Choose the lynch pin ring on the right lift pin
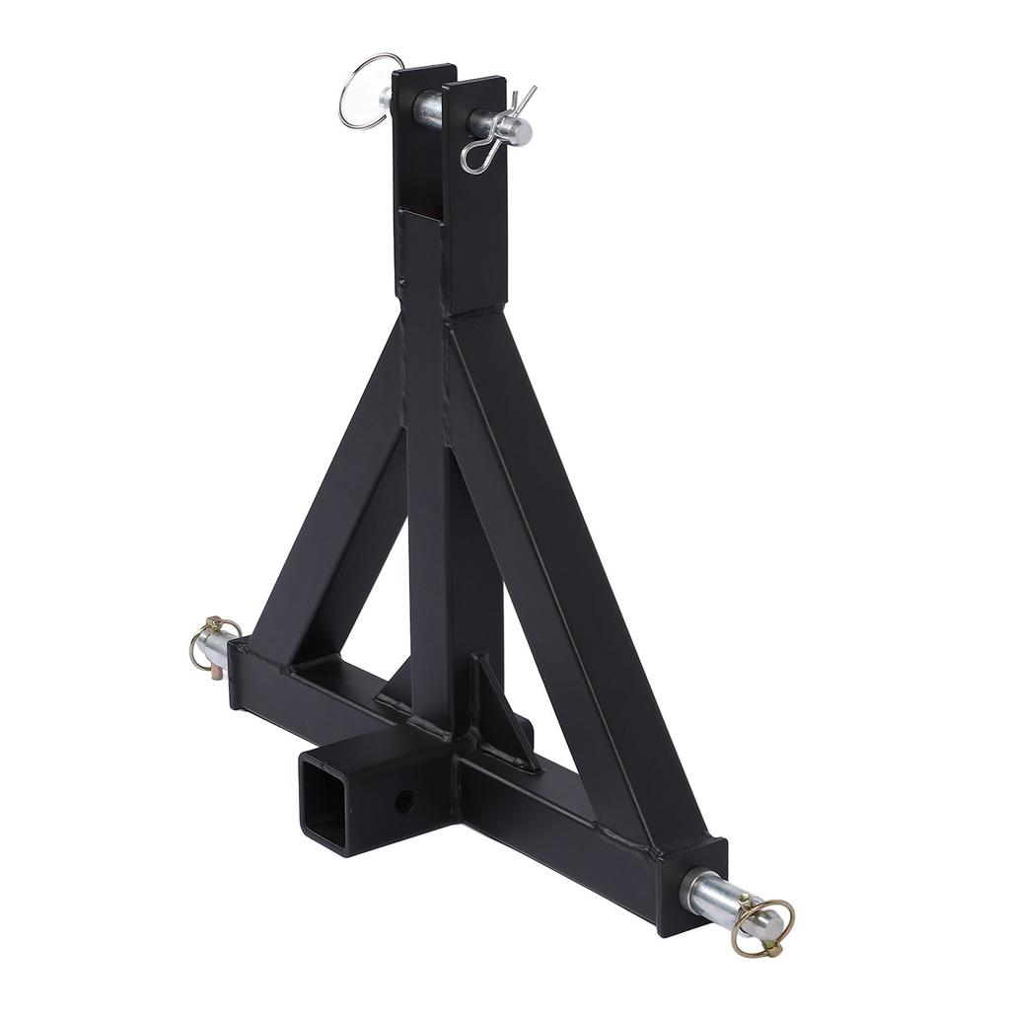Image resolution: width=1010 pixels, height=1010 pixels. (764, 922)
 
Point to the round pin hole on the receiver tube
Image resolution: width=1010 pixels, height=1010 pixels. (404, 800)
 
